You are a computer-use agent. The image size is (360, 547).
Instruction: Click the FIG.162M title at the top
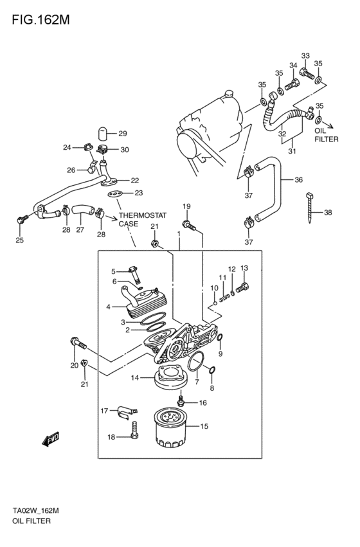point(40,20)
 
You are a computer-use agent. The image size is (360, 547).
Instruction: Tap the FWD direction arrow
point(51,439)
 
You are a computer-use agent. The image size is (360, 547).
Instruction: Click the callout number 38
point(328,213)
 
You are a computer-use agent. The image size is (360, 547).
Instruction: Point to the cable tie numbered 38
point(309,207)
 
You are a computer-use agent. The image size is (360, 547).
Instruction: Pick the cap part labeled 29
point(101,133)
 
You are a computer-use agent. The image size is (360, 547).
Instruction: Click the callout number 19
point(186,206)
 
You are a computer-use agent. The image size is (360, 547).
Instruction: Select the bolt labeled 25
point(22,220)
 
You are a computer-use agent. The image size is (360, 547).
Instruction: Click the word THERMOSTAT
point(143,215)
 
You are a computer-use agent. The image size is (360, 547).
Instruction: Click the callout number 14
point(135,377)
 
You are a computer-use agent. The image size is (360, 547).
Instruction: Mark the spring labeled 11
point(224,298)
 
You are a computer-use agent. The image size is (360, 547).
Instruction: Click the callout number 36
point(298,180)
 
